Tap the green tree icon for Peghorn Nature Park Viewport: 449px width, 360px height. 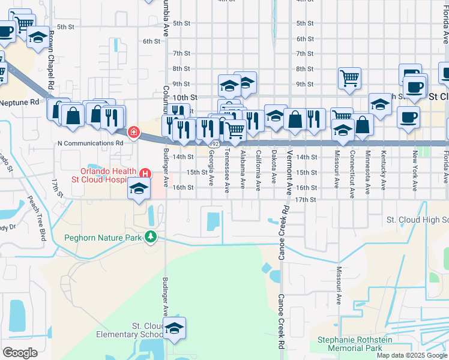[150, 238]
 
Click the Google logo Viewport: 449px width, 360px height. [20, 352]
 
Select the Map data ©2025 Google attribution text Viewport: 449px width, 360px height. [411, 355]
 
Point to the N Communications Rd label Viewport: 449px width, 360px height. [90, 143]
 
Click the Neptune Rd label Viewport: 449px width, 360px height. [19, 102]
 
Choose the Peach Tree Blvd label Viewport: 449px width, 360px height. [41, 222]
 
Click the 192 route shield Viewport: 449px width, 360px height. [214, 144]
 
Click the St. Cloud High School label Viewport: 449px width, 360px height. [417, 220]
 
